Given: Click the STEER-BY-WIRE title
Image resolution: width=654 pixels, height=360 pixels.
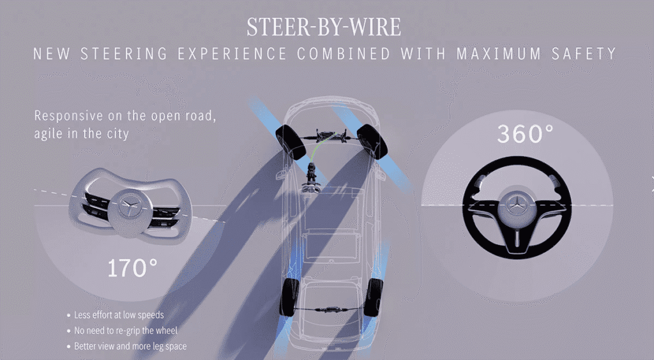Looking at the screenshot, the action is pos(324,27).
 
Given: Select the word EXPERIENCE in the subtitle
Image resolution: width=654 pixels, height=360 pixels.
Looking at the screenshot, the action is pos(232,54).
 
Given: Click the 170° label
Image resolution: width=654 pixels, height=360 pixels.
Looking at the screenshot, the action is pos(133,268).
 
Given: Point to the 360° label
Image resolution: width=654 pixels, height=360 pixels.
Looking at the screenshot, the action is pos(526,134).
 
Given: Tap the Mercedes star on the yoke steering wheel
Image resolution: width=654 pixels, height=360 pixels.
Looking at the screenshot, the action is pos(130,206).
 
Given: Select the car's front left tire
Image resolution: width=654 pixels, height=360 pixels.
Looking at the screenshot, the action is pos(291,142).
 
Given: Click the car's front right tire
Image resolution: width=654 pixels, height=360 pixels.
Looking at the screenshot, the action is pos(372,142).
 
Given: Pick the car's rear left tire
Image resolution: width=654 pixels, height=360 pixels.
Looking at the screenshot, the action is pos(289,297).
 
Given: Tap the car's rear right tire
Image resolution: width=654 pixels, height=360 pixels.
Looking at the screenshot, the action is pos(373,297).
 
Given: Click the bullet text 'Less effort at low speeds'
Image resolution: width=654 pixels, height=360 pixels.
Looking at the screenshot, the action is pos(119,315).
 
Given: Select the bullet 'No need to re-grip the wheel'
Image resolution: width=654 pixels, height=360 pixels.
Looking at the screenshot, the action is pos(126,331).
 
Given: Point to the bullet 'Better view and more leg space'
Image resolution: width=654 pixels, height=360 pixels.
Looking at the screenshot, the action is pos(130,346).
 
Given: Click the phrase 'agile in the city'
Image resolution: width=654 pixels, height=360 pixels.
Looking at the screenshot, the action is pos(81,134).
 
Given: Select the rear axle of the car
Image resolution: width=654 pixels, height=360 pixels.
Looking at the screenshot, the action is pos(331,309).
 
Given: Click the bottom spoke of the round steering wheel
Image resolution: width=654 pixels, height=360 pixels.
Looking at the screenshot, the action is pos(517,237).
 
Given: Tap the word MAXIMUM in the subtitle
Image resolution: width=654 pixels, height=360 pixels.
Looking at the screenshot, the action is pos(499,54).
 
